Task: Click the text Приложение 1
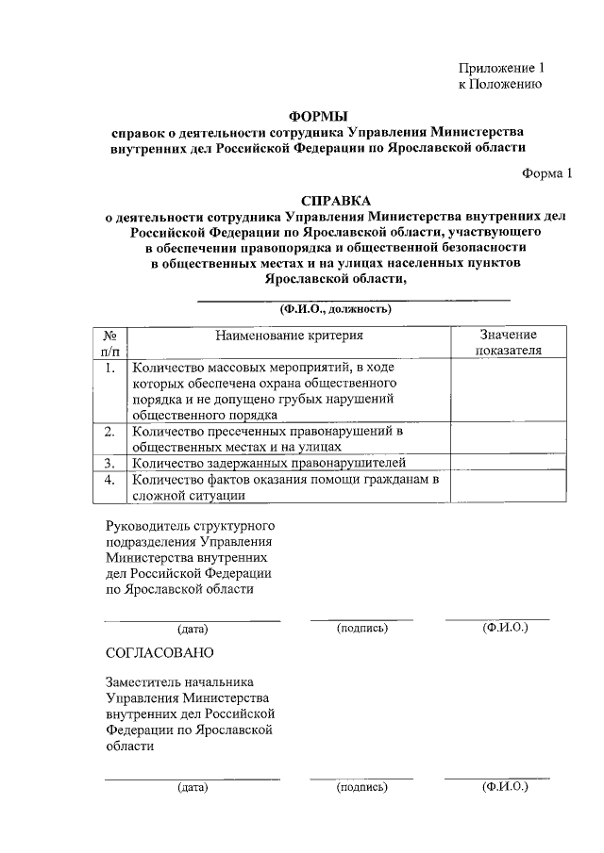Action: pyautogui.click(x=501, y=68)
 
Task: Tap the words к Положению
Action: pyautogui.click(x=498, y=84)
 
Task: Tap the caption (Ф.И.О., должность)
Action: pyautogui.click(x=335, y=308)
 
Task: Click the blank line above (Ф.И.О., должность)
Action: pyautogui.click(x=351, y=299)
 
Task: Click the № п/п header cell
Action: pyautogui.click(x=109, y=342)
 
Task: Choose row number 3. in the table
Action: pyautogui.click(x=109, y=463)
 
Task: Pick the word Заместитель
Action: pyautogui.click(x=144, y=681)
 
